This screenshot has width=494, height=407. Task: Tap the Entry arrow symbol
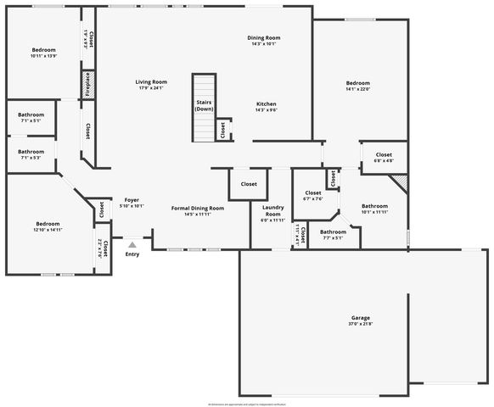[x=132, y=245]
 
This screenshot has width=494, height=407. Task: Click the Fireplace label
[x=87, y=86]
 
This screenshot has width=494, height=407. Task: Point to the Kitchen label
[x=267, y=106]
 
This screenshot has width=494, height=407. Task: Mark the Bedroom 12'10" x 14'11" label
[x=48, y=226]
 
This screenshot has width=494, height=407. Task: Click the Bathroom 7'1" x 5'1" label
[x=31, y=117]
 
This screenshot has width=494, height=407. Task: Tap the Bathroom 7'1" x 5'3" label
[x=31, y=154]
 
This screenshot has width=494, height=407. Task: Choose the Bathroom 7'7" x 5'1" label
[x=333, y=234]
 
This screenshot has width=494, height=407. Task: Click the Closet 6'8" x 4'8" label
[x=384, y=158]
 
